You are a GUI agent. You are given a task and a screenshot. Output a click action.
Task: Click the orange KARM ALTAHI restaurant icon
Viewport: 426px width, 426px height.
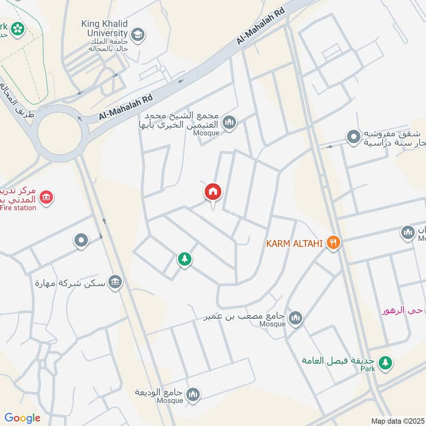click(x=334, y=243)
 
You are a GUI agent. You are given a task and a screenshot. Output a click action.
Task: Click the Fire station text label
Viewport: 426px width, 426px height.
click(x=18, y=208)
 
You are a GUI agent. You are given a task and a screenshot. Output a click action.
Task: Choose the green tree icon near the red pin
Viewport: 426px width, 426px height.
click(x=184, y=259)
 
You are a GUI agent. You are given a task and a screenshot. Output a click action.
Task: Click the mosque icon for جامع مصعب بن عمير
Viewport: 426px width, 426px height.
click(x=295, y=318)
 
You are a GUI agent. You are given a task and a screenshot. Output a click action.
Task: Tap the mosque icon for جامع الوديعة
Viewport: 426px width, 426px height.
click(x=193, y=394)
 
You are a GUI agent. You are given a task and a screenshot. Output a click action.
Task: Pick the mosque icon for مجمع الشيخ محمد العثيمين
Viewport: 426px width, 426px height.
click(x=230, y=123)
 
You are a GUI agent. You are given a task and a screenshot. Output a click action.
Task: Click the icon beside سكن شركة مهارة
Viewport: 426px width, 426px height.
click(x=114, y=283)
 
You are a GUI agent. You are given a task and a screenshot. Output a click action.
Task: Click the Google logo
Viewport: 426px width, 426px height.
click(x=22, y=418)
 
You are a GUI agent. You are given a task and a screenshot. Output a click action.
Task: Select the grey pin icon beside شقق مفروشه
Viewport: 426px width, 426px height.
click(x=353, y=137)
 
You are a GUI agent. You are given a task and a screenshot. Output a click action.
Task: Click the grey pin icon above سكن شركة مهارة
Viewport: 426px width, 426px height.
click(x=81, y=241)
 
